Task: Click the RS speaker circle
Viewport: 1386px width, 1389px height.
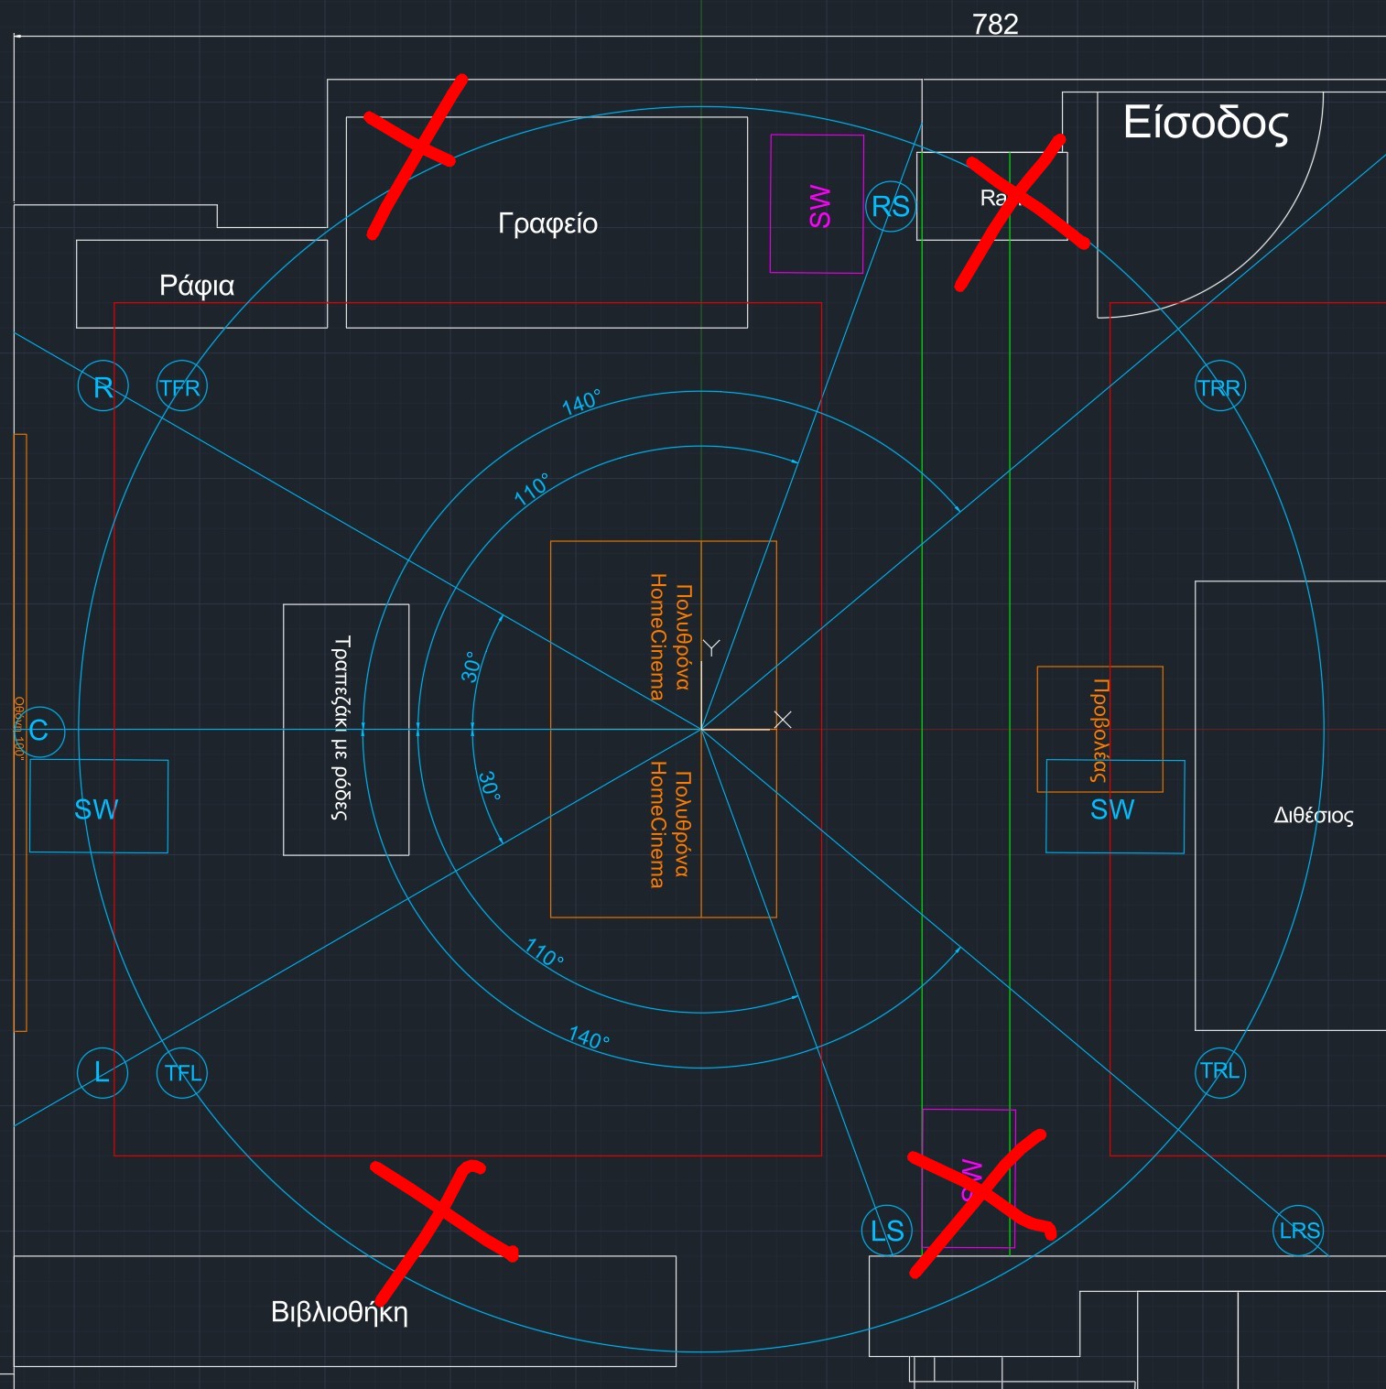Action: click(x=891, y=207)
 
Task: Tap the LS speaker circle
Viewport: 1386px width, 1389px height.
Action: click(x=887, y=1231)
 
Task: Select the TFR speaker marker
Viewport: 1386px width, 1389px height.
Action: click(x=181, y=387)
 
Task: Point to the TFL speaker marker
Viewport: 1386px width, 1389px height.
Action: click(x=182, y=1072)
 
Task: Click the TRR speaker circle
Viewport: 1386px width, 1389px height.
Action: click(x=1219, y=387)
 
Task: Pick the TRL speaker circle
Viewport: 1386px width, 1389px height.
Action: click(x=1220, y=1071)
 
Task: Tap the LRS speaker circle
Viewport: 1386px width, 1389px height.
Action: click(x=1299, y=1231)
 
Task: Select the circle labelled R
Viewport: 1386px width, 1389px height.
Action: click(x=103, y=387)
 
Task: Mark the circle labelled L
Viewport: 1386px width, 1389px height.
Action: click(x=103, y=1071)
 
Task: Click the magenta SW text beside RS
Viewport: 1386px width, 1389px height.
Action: click(x=819, y=206)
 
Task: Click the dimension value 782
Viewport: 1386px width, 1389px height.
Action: click(x=995, y=24)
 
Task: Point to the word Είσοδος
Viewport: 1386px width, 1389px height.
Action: click(x=1206, y=123)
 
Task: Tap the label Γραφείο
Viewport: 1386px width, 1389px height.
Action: click(x=547, y=223)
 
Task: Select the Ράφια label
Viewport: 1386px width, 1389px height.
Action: click(x=197, y=286)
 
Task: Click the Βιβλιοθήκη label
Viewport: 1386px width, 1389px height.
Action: click(x=340, y=1312)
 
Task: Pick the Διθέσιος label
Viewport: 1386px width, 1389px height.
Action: click(x=1314, y=815)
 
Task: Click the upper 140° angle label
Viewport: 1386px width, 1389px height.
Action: click(x=581, y=402)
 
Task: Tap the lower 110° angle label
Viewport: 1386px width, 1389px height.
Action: click(x=545, y=953)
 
